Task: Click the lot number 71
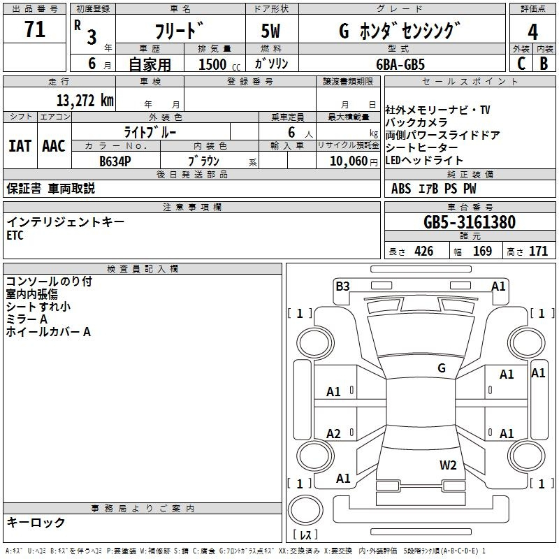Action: click(34, 29)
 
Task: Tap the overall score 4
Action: click(532, 31)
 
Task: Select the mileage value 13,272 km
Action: click(85, 101)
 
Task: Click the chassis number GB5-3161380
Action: click(470, 222)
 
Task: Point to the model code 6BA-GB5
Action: click(400, 64)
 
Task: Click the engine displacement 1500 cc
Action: click(219, 64)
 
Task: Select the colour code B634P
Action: click(115, 161)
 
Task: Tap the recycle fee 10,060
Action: click(349, 161)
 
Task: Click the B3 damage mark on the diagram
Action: click(342, 286)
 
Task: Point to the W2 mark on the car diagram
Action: click(448, 465)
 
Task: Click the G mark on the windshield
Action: click(442, 368)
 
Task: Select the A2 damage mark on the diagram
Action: click(333, 433)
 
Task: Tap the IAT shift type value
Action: click(20, 146)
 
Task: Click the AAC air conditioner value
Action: click(54, 146)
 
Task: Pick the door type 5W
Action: click(270, 31)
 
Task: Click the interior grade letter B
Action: click(544, 64)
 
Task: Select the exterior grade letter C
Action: click(521, 64)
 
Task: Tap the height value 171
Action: click(538, 251)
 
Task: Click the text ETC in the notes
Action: click(15, 235)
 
